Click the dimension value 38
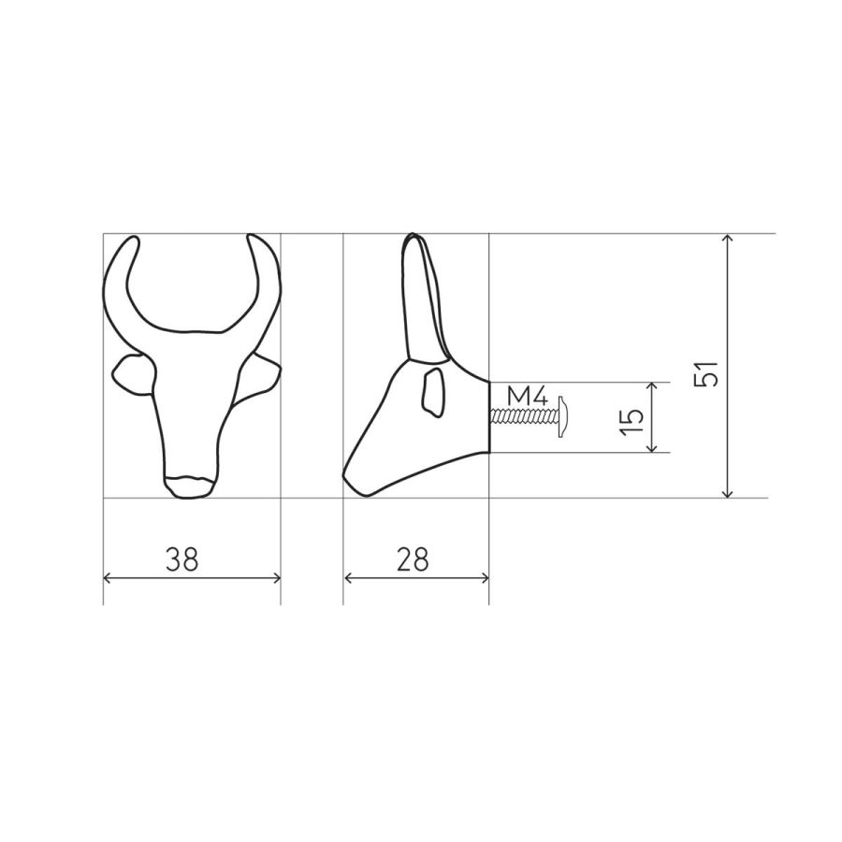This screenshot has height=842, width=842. coord(182,559)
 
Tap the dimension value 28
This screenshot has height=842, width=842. coord(413,559)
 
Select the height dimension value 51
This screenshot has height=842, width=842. coord(706,373)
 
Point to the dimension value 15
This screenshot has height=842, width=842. coord(631,422)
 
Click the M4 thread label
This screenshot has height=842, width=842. coord(528,398)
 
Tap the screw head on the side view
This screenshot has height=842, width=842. coord(563,417)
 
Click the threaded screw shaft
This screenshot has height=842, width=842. coord(524,416)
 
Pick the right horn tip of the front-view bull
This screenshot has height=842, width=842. coord(253,239)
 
